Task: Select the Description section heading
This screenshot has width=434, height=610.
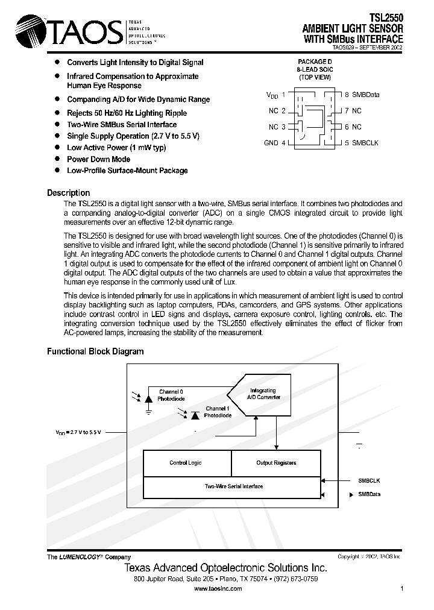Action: (68, 193)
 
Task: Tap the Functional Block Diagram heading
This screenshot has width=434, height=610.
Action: (95, 351)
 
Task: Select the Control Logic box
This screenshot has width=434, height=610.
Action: (186, 463)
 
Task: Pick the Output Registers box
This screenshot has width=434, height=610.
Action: (276, 463)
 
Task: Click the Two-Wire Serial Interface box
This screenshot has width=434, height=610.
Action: (234, 486)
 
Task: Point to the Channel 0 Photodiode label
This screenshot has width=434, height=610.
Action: (171, 395)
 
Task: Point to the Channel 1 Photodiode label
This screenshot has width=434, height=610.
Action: (216, 412)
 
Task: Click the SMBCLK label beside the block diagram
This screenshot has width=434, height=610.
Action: (369, 480)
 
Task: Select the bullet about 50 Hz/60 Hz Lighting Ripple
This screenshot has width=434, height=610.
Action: (127, 113)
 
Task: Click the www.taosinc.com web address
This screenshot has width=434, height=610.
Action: (218, 589)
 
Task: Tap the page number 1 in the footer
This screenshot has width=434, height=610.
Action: (401, 589)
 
